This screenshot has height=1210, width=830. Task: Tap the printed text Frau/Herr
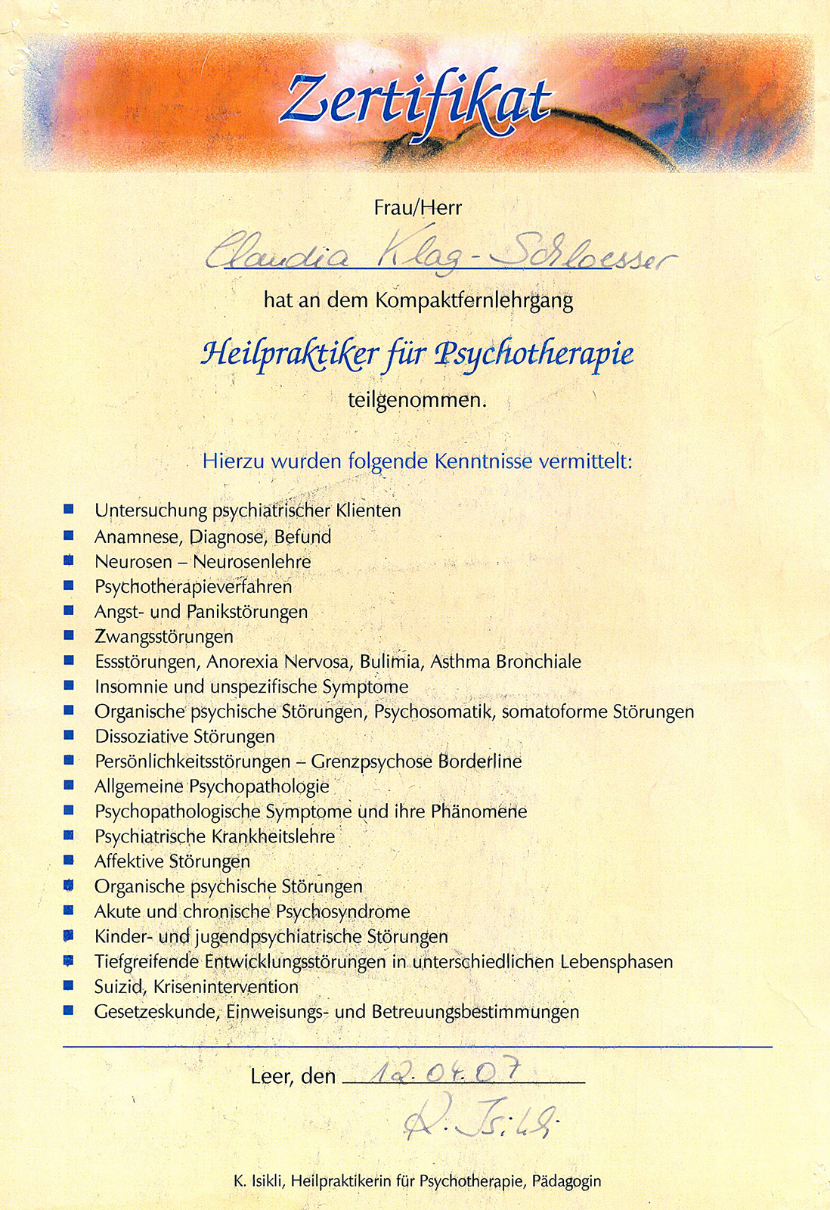(417, 207)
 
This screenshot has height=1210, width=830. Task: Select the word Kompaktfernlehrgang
(474, 301)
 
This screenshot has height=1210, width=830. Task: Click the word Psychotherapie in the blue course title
(534, 354)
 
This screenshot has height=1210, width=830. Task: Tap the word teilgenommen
(417, 400)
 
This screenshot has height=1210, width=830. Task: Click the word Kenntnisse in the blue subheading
(484, 461)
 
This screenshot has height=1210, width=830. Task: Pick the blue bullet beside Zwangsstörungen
(69, 635)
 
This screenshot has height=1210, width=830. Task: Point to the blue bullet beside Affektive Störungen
(69, 860)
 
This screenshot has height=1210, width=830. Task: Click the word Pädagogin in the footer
(566, 1181)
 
